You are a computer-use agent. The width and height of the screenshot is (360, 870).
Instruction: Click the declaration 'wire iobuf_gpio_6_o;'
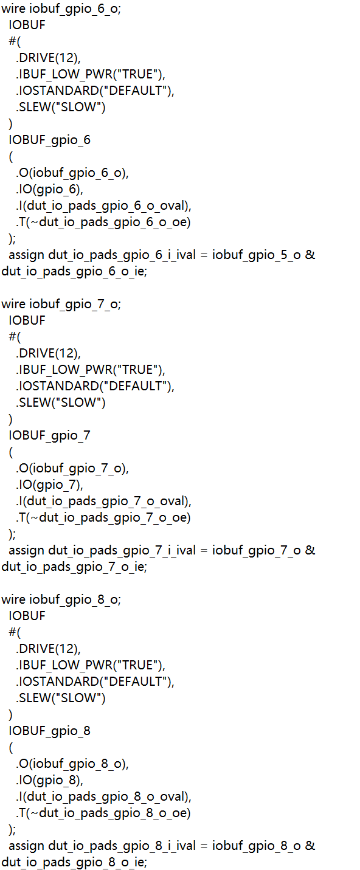(61, 9)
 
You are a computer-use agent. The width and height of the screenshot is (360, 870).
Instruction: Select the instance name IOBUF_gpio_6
(50, 140)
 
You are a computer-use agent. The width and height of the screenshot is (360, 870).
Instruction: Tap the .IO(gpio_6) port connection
(49, 190)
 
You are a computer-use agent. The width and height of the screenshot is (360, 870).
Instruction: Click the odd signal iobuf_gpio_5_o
(256, 255)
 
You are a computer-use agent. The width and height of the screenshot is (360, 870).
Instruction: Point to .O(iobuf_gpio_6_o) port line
(72, 173)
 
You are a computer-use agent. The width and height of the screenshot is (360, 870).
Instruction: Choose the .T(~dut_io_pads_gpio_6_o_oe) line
(103, 223)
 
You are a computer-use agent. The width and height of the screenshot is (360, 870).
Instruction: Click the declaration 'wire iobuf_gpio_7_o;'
(61, 305)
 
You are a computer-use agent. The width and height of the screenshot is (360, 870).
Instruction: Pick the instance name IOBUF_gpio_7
(50, 436)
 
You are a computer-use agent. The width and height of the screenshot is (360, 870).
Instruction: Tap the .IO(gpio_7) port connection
(49, 485)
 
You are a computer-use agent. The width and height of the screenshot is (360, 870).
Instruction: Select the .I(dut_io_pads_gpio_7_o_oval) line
(104, 502)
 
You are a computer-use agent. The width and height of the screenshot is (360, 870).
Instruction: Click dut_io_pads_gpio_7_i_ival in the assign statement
(122, 551)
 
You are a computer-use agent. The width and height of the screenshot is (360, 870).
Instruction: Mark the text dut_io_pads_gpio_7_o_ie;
(74, 567)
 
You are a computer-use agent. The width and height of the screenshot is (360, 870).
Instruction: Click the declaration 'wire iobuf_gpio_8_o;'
(61, 600)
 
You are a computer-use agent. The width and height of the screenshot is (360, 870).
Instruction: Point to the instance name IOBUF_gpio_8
(50, 731)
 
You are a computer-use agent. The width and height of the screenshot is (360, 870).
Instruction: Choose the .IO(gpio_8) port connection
(49, 781)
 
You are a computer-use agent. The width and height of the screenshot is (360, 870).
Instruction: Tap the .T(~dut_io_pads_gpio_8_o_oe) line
(103, 813)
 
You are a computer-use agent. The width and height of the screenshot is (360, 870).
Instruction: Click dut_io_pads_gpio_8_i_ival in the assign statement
(122, 846)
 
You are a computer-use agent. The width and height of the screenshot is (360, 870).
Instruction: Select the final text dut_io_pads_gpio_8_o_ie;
(74, 863)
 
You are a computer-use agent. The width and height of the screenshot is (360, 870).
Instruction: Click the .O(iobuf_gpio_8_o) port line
(72, 764)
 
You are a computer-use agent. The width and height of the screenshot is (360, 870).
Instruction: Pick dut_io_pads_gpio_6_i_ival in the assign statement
(122, 255)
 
